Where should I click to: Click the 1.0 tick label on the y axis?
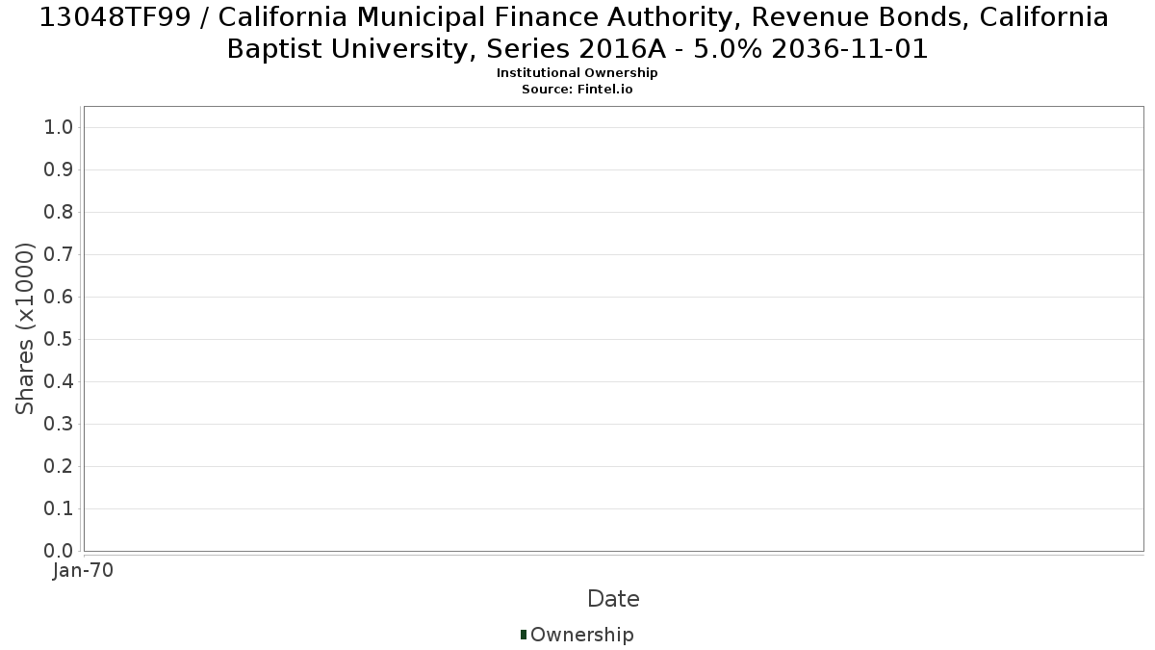tap(59, 127)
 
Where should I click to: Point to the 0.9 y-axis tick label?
tap(59, 169)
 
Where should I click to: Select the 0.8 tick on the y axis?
tap(59, 212)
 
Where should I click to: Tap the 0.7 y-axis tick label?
tap(59, 254)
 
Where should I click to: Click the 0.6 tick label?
tap(59, 297)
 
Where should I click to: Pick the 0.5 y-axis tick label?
tap(59, 339)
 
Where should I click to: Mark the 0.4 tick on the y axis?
tap(59, 381)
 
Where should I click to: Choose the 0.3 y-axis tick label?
tap(59, 424)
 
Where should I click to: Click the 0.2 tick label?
tap(59, 466)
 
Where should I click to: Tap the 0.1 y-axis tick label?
tap(59, 508)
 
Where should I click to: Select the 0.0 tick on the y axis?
tap(59, 551)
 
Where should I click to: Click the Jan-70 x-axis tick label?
tap(83, 570)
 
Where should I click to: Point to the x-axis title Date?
tap(614, 599)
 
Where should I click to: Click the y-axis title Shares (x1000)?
tap(24, 328)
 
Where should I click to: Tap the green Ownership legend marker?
tap(524, 635)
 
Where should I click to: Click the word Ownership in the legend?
tap(582, 635)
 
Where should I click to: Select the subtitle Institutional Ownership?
tap(577, 73)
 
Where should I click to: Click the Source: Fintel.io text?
tap(577, 90)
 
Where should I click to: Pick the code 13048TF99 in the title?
tap(115, 17)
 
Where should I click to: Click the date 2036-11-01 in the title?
tap(850, 49)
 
